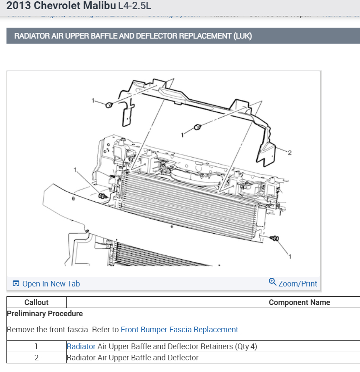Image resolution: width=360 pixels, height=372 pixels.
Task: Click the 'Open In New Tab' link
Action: click(x=51, y=284)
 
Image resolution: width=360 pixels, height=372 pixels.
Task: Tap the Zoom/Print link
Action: click(x=297, y=284)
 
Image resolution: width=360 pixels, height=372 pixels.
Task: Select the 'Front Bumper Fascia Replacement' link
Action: click(x=179, y=330)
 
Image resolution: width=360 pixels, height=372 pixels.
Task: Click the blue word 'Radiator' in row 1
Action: click(x=81, y=346)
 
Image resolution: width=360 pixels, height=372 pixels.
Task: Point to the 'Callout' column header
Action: click(x=36, y=302)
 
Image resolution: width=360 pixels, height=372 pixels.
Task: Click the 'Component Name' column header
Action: click(x=299, y=302)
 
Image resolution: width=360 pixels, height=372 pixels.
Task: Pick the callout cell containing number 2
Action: click(x=36, y=358)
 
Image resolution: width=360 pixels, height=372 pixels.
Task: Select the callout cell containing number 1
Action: click(x=36, y=346)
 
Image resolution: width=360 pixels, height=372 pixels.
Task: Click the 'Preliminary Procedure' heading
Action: click(x=45, y=314)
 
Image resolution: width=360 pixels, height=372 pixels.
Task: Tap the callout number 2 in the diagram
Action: click(x=290, y=153)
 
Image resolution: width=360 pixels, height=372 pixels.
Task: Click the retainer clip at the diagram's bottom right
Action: click(x=274, y=238)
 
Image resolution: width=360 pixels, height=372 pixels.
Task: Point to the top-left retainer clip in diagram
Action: click(x=109, y=105)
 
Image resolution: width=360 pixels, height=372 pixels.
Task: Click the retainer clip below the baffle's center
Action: click(x=197, y=127)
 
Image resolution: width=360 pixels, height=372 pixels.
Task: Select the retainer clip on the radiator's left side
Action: click(x=102, y=197)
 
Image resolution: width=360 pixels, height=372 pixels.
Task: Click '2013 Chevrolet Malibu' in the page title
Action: click(x=61, y=6)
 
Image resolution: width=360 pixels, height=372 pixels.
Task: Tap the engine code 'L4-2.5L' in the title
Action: click(x=134, y=6)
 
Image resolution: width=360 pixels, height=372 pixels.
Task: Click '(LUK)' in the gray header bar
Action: click(x=242, y=36)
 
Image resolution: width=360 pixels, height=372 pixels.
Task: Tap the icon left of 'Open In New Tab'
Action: click(x=16, y=284)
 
